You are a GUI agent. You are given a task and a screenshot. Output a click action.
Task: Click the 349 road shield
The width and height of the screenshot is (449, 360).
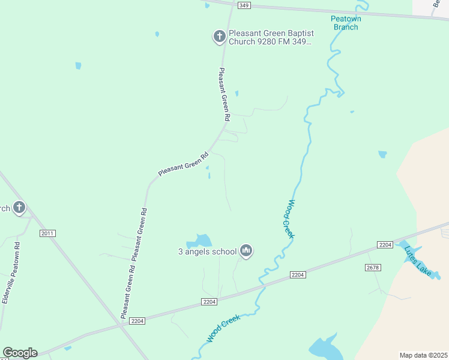(244, 5)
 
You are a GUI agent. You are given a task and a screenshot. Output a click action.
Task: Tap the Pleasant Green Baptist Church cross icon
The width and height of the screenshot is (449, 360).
(219, 37)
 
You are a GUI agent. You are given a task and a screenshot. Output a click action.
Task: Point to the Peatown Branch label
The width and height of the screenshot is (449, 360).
(346, 23)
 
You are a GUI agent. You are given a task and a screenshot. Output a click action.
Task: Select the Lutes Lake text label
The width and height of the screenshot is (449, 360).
(418, 262)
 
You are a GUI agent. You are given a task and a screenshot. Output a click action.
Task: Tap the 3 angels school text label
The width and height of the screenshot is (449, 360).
(208, 252)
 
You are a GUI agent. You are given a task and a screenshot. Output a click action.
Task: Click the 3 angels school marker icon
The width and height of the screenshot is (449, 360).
(246, 250)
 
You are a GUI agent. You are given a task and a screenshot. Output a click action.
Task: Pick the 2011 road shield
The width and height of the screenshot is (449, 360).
(47, 233)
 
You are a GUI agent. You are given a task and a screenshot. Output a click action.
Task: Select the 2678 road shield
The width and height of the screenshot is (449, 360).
(373, 267)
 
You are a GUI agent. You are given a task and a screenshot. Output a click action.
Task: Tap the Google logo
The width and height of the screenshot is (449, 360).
(20, 353)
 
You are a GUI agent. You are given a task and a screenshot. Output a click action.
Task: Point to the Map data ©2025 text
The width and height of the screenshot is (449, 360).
(423, 355)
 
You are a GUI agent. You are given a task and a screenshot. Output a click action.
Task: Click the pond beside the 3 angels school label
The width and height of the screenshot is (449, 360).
(201, 241)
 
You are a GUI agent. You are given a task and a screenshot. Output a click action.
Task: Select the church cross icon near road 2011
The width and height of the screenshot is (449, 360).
(19, 208)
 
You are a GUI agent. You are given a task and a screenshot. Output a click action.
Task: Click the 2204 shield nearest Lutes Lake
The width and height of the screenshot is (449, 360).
(385, 244)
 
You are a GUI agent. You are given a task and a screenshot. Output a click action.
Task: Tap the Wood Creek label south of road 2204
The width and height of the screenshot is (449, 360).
(223, 328)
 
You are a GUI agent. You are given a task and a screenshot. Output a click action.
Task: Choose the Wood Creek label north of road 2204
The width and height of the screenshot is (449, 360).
(289, 219)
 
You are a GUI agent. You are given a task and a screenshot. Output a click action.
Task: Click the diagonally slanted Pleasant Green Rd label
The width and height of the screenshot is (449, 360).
(182, 163)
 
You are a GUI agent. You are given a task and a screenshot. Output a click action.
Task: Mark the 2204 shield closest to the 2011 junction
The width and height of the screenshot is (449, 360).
(137, 321)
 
